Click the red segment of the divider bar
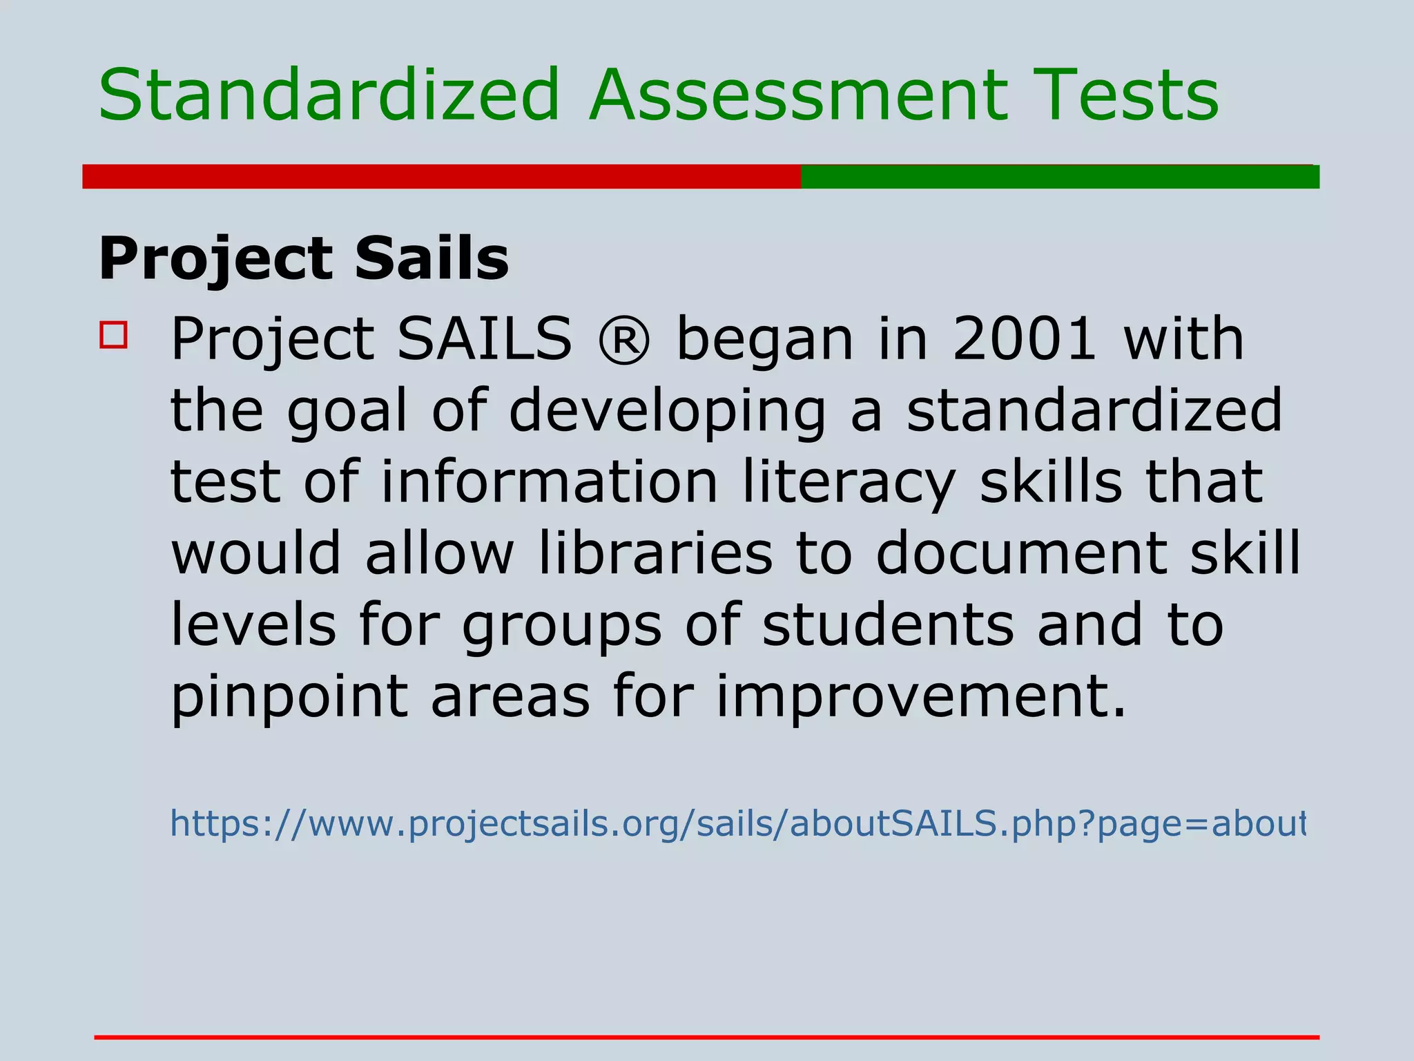point(442,176)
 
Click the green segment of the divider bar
point(1060,176)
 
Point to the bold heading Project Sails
point(304,259)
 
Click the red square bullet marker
point(114,335)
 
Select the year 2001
point(1024,338)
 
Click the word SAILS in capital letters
point(485,338)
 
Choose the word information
point(550,482)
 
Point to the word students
point(888,624)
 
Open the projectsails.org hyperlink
point(737,824)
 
